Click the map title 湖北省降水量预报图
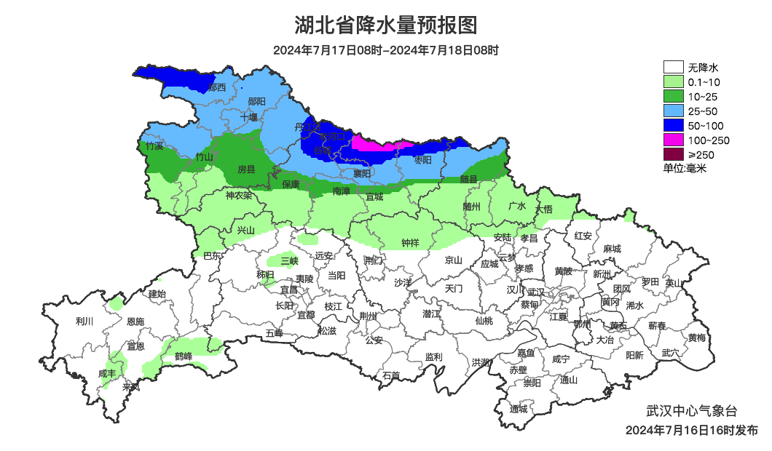(385, 26)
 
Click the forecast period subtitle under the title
(385, 51)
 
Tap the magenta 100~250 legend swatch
(673, 140)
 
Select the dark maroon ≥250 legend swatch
(673, 154)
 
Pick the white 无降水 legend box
(673, 68)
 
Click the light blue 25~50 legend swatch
(673, 111)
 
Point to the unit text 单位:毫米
(685, 168)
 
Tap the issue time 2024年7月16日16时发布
(691, 430)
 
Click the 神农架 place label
(238, 196)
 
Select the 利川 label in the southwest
(84, 321)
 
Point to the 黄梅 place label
(697, 338)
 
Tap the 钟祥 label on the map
(411, 243)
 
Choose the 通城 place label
(519, 409)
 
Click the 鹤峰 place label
(183, 356)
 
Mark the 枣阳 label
(422, 159)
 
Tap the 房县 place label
(247, 169)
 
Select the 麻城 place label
(612, 249)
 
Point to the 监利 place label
(433, 357)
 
